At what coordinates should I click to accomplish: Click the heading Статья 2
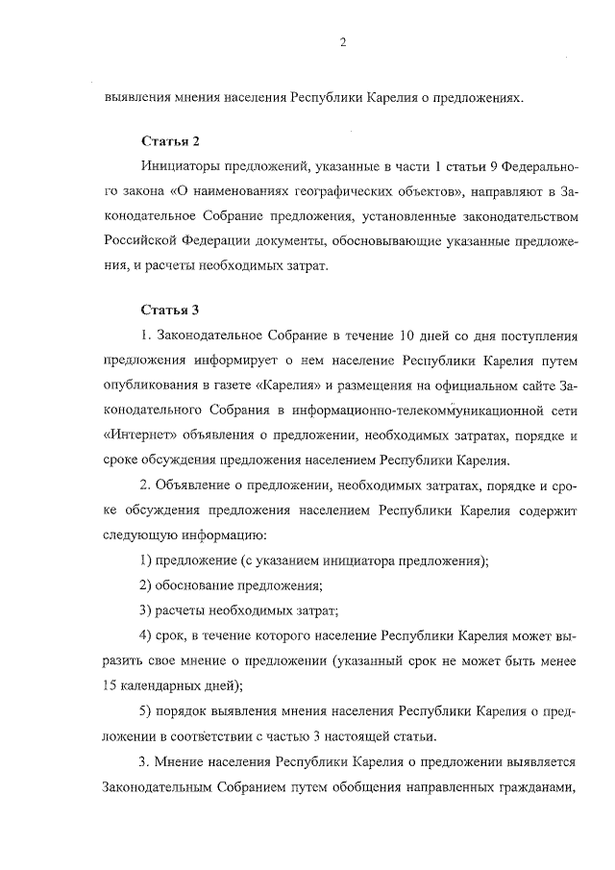(x=169, y=140)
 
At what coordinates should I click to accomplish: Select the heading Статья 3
(x=169, y=310)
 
